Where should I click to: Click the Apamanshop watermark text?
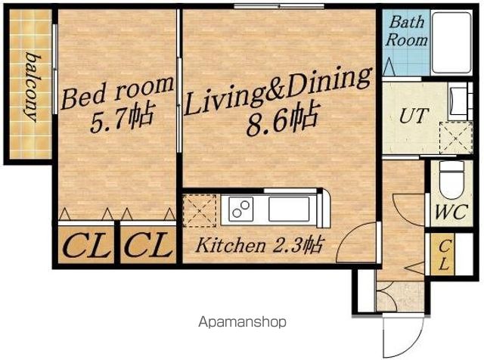tap(242, 322)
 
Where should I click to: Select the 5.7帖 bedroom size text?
tap(122, 118)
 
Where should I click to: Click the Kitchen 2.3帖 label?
tap(259, 245)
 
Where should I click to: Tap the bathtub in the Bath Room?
tap(451, 42)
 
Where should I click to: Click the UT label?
tap(414, 116)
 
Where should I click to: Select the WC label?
tap(451, 212)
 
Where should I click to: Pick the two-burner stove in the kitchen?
tap(241, 209)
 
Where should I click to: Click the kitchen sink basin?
tap(289, 209)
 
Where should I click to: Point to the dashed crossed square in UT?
tap(456, 138)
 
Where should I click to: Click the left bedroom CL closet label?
tap(86, 246)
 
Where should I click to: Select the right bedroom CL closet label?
tap(148, 246)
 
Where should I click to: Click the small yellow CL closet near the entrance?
tap(443, 254)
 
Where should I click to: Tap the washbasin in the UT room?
tap(459, 101)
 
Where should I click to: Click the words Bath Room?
tap(406, 31)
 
